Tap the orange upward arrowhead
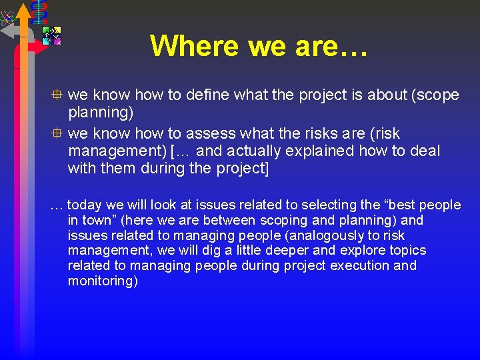(23, 11)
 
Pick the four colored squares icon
(51, 35)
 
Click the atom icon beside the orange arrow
(8, 13)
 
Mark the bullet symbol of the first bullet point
(59, 95)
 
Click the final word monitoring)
(103, 281)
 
